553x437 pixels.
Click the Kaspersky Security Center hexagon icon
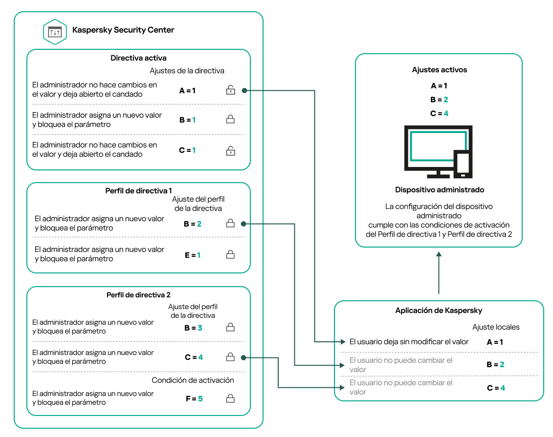[x=55, y=31]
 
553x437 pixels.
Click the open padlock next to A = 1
[x=230, y=90]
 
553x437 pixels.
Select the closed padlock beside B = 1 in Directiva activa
[x=230, y=120]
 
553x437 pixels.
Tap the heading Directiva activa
[x=138, y=58]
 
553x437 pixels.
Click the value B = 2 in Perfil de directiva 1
[x=193, y=224]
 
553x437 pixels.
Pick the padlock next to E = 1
[x=230, y=255]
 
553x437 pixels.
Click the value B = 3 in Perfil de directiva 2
[x=193, y=328]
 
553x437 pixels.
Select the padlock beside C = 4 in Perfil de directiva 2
[x=230, y=357]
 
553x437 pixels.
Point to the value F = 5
[x=194, y=399]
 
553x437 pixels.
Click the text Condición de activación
[x=193, y=380]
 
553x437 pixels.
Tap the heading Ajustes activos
[x=439, y=70]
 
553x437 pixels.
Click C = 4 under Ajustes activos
[x=439, y=113]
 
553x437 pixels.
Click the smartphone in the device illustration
[x=463, y=164]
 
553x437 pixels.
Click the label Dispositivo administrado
[x=439, y=189]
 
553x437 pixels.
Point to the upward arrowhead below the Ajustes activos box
[x=439, y=255]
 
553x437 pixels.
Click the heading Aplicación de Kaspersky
[x=439, y=311]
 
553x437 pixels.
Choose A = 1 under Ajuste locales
[x=495, y=342]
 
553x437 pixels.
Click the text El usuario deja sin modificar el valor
[x=409, y=342]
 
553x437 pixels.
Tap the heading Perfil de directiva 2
[x=138, y=295]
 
